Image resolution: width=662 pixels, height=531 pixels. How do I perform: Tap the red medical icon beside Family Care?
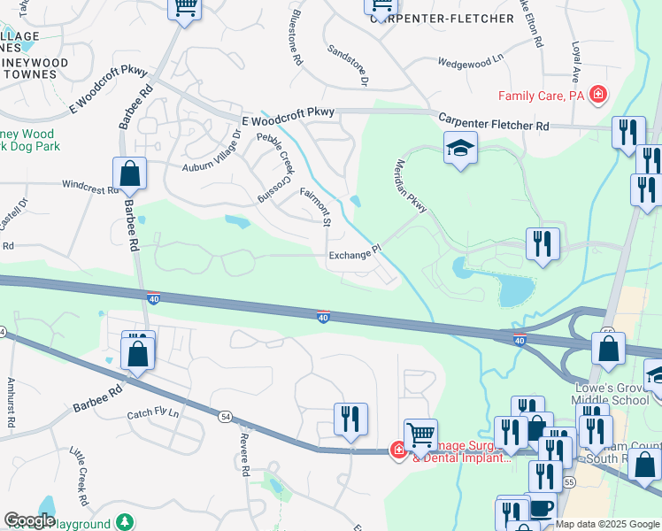coord(599,94)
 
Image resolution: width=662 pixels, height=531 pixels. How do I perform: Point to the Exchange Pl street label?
coord(354,256)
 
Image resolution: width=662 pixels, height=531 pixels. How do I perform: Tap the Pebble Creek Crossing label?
coord(274,168)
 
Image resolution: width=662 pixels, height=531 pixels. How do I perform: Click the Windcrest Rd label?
coord(90,187)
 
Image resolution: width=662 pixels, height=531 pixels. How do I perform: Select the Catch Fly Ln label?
coord(152,413)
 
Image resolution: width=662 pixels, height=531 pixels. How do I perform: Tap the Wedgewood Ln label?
coord(471,63)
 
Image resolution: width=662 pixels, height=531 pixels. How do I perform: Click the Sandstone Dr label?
coord(347,65)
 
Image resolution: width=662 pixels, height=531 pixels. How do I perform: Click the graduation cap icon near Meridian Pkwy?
coord(460,149)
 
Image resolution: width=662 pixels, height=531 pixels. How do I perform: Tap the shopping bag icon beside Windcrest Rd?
coord(129,175)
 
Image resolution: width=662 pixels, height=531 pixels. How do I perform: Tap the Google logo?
coord(29,520)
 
